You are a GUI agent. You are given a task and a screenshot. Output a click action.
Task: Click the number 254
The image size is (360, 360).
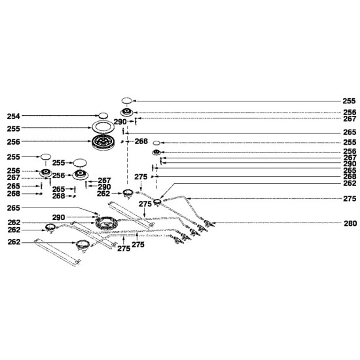[13, 117]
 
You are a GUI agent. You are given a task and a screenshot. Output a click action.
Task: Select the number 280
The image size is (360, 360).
[350, 223]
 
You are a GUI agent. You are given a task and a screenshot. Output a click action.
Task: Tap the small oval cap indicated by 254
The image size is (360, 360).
[103, 115]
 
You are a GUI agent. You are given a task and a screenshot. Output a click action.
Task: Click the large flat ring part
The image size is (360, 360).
[103, 127]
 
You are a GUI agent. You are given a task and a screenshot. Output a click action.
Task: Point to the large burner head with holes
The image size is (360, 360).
[103, 142]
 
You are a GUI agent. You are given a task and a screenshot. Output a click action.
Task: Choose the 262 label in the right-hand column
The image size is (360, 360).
[350, 183]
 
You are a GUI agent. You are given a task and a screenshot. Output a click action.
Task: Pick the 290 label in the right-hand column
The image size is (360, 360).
[350, 164]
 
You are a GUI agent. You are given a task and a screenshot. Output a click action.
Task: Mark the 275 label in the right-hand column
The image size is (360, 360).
[350, 198]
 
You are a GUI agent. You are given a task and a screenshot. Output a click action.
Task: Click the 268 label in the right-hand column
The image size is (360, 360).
[350, 177]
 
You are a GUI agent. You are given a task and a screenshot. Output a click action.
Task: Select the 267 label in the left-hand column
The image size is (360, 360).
[13, 177]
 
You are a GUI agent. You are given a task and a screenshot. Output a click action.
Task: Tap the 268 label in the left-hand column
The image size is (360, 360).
[13, 194]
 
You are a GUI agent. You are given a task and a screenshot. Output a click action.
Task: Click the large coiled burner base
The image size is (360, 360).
[106, 223]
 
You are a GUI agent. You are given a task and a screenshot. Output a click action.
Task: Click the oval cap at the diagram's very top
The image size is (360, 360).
[126, 101]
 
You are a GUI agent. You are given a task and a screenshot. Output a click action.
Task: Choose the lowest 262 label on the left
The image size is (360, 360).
[14, 242]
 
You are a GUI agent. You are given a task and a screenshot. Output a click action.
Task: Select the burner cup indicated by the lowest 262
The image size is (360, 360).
[82, 245]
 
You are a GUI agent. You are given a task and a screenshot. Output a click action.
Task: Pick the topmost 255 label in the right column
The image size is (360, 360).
[349, 101]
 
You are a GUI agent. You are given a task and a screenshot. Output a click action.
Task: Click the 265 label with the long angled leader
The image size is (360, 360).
[13, 208]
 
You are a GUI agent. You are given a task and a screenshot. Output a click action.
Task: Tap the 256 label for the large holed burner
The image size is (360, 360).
[13, 142]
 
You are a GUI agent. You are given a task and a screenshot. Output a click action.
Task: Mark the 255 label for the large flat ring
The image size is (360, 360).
[13, 129]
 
